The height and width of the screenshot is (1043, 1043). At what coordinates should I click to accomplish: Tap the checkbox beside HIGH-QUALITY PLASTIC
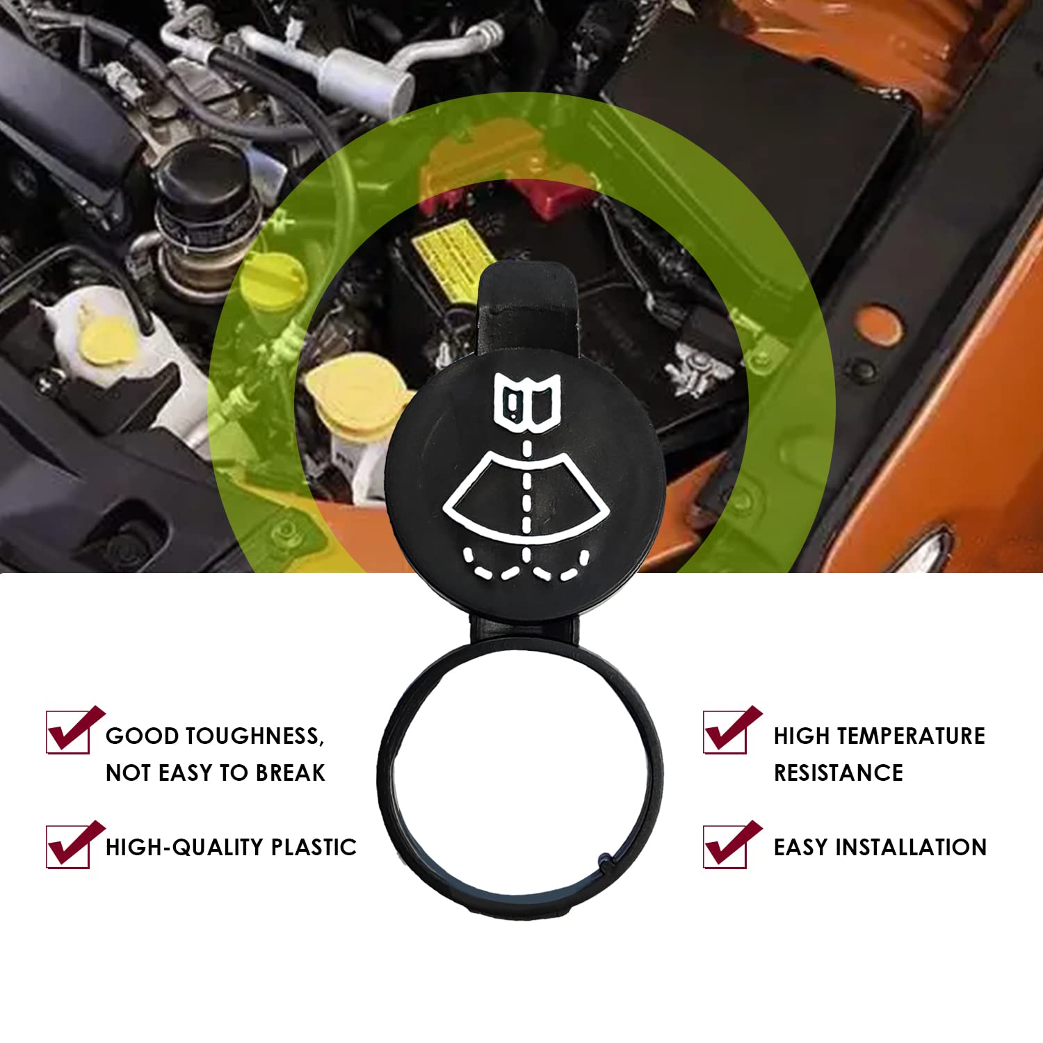[69, 847]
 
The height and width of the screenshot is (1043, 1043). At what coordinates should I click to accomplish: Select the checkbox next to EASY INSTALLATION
[725, 847]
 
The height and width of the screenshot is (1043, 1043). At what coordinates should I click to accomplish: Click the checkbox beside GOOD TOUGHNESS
[69, 731]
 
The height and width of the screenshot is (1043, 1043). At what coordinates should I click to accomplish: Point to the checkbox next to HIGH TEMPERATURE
[725, 731]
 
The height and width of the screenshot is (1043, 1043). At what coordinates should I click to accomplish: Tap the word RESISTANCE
[838, 773]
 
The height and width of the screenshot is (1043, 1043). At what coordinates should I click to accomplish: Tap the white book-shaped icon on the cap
[526, 398]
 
